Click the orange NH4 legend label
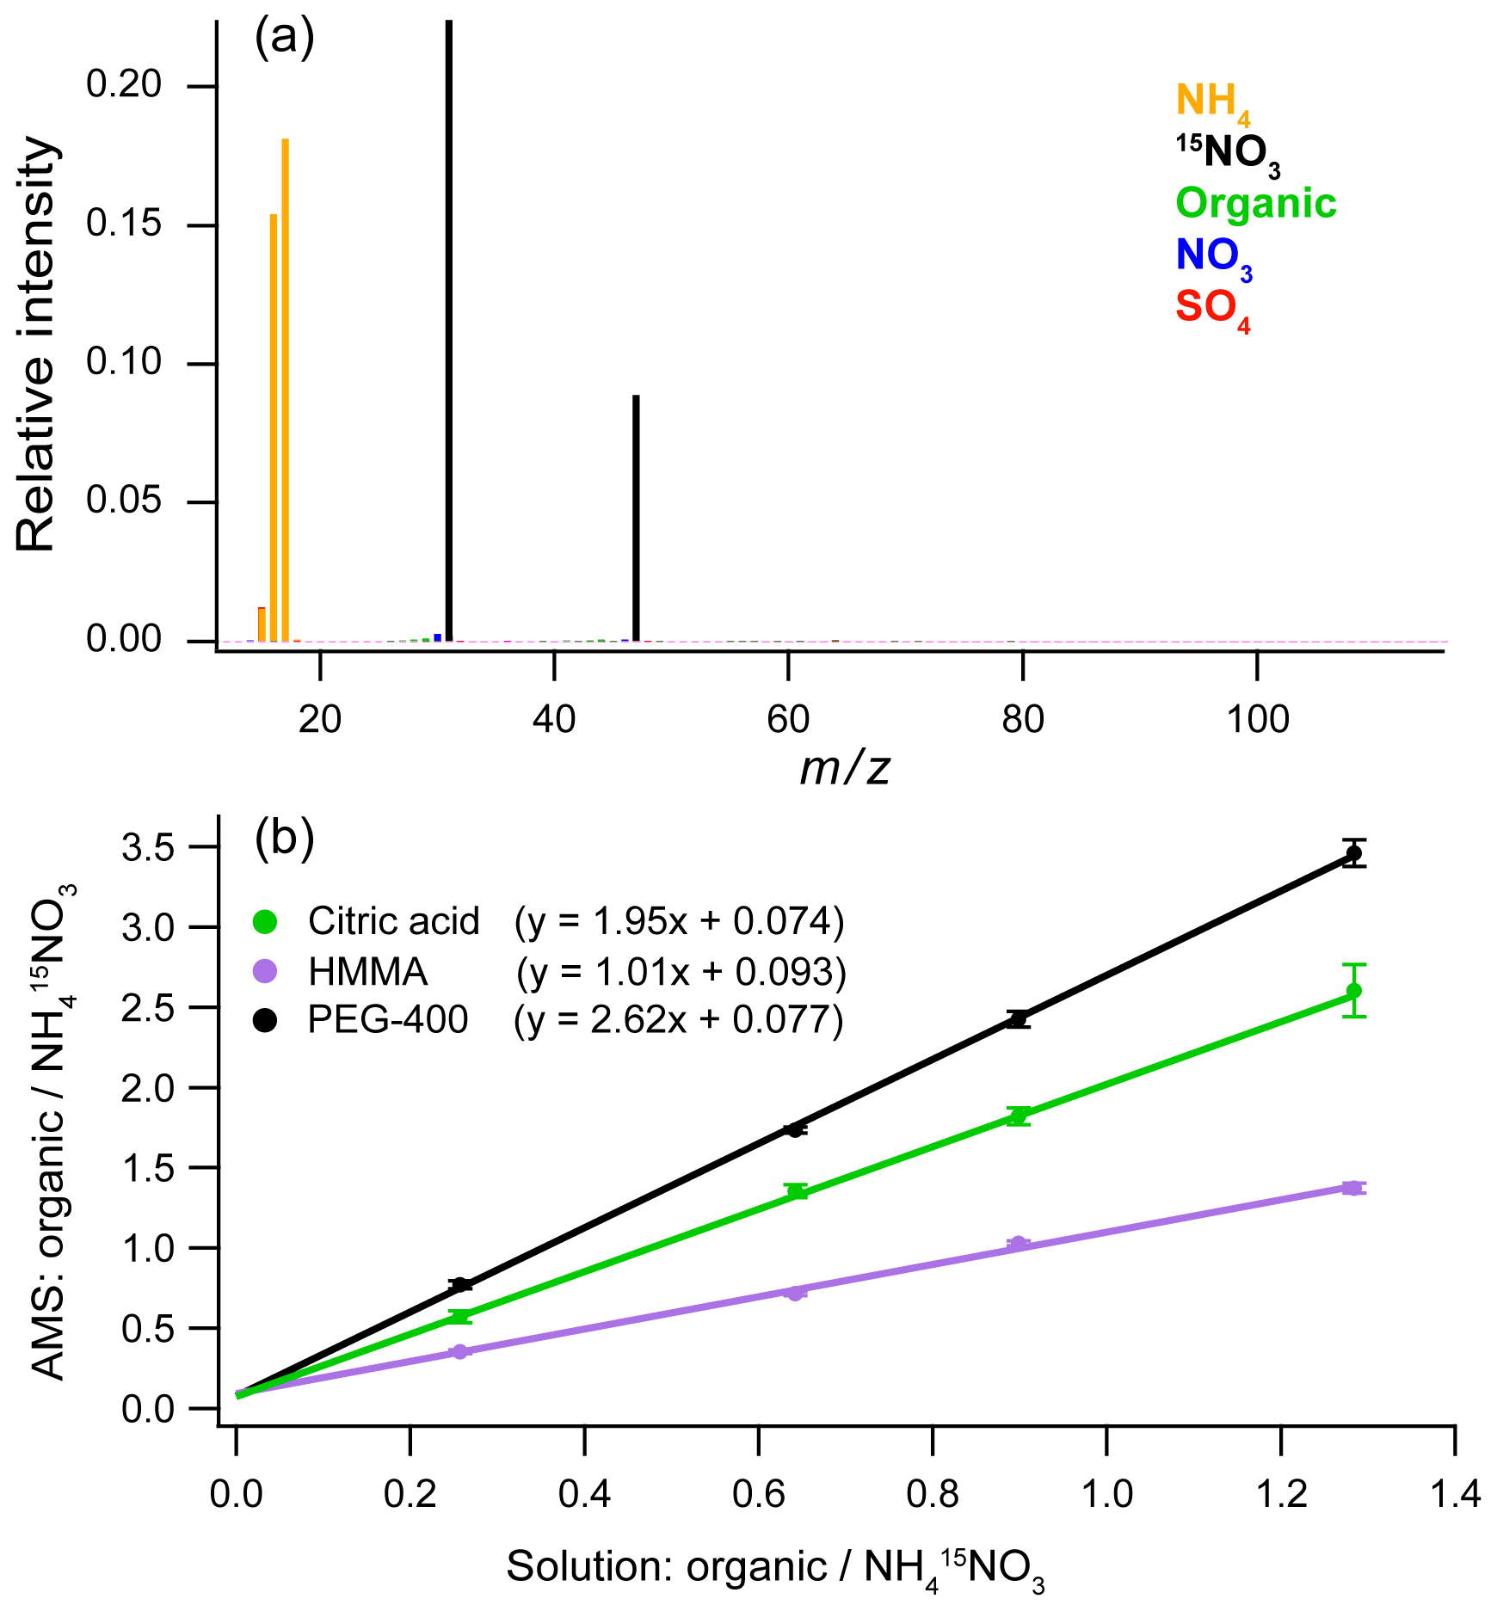(x=1212, y=103)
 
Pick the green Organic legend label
(x=1255, y=204)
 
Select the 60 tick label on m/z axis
(x=788, y=719)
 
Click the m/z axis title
(x=844, y=768)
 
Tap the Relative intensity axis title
(x=36, y=344)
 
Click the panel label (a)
(x=285, y=39)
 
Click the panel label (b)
(x=285, y=839)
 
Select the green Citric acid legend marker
(x=265, y=922)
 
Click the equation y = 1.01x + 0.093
(x=681, y=972)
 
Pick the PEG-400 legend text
(x=388, y=1020)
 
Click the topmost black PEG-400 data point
(x=1353, y=853)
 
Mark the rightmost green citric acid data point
(x=1353, y=991)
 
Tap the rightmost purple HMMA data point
(x=1352, y=1188)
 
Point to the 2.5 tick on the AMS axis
(x=148, y=1008)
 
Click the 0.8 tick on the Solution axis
(x=932, y=1495)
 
